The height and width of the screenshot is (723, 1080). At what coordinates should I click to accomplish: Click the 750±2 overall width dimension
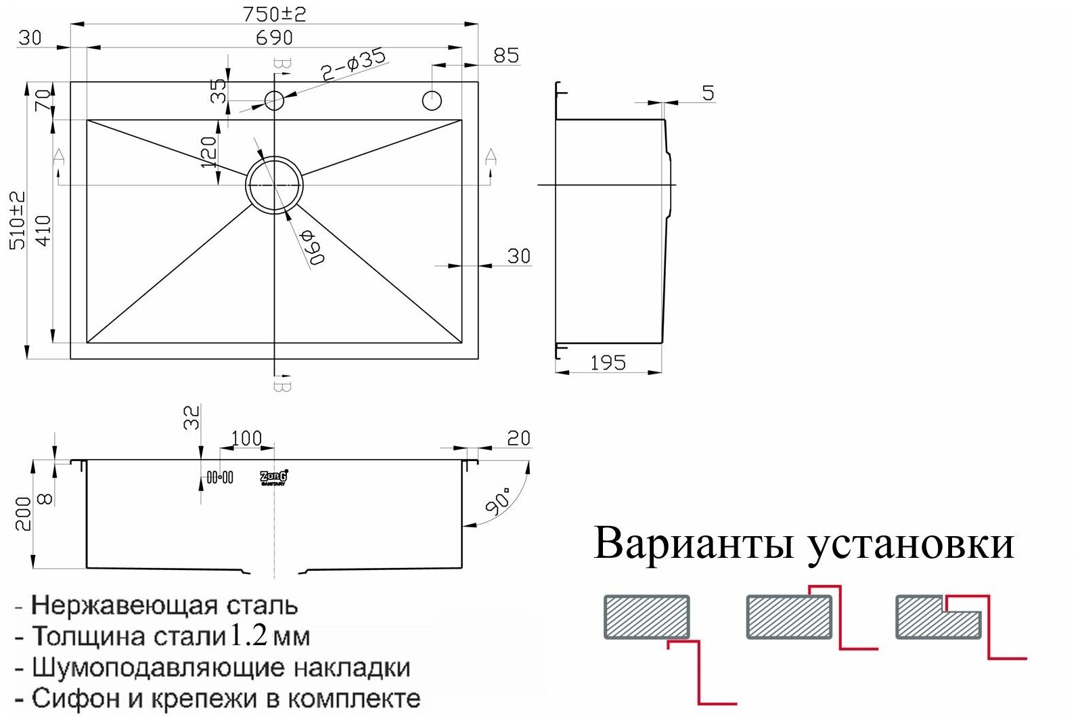(x=274, y=14)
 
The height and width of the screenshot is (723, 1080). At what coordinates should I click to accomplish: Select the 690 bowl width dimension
(x=274, y=37)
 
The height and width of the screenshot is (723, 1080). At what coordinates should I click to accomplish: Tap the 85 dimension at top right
(x=506, y=56)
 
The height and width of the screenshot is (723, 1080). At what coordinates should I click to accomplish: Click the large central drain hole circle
(x=274, y=184)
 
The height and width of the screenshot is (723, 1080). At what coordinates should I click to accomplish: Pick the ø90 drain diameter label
(x=313, y=247)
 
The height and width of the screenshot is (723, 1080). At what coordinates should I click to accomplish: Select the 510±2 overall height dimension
(x=18, y=220)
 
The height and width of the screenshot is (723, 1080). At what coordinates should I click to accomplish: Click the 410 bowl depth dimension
(x=43, y=230)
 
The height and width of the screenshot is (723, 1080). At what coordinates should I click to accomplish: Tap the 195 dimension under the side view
(x=608, y=363)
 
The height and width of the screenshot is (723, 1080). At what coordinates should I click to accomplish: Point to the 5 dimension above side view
(x=708, y=93)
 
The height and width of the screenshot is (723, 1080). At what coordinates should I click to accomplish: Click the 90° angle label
(x=499, y=502)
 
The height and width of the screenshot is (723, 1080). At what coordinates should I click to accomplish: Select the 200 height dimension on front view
(x=22, y=514)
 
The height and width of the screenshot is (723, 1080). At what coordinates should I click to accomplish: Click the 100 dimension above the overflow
(x=246, y=439)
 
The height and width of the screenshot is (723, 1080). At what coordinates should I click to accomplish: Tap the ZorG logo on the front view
(x=274, y=477)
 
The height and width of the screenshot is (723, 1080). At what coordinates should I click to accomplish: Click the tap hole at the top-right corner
(x=432, y=101)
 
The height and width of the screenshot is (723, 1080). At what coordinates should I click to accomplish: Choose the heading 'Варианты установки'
(x=804, y=544)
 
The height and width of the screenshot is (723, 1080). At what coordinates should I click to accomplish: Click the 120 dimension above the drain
(x=208, y=152)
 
